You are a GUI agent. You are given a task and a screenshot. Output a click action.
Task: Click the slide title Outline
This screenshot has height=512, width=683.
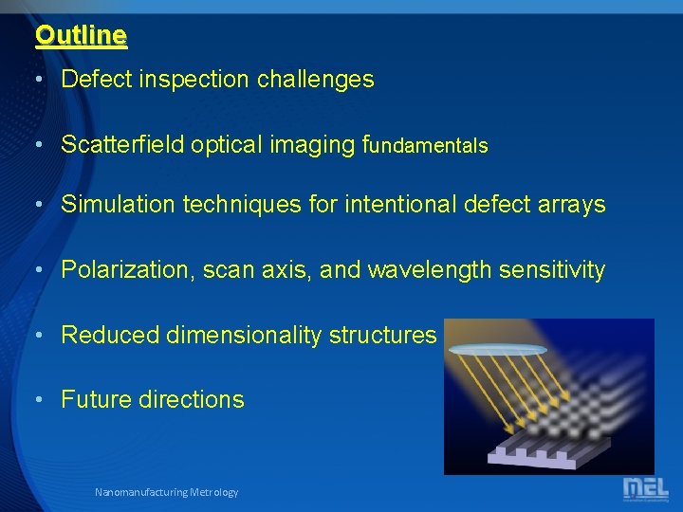pyautogui.click(x=81, y=36)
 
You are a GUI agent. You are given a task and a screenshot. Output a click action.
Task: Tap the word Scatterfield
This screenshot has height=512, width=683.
pyautogui.click(x=122, y=145)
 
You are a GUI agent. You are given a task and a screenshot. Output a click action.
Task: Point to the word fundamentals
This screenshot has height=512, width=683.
pyautogui.click(x=426, y=145)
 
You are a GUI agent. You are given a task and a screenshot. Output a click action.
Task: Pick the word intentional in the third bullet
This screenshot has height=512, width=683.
pyautogui.click(x=409, y=205)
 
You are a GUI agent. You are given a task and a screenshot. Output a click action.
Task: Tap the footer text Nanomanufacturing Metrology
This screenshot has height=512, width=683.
pyautogui.click(x=166, y=492)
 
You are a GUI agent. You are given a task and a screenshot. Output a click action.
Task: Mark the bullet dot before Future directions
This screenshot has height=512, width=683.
pyautogui.click(x=39, y=399)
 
